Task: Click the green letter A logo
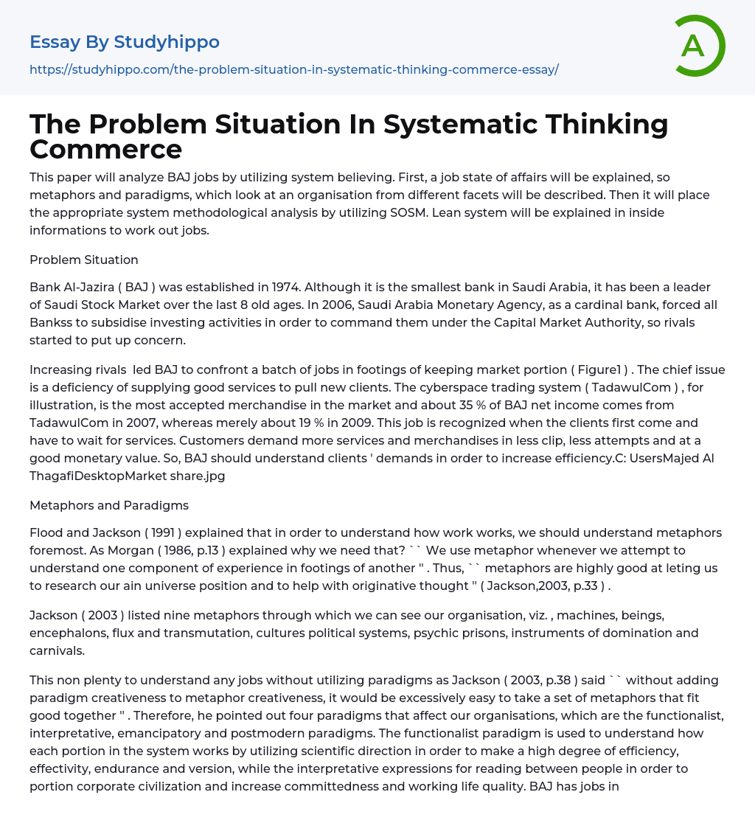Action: tap(695, 46)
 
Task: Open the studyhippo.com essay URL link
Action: tap(293, 69)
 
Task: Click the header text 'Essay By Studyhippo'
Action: tap(124, 42)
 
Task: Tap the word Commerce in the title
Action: tap(105, 149)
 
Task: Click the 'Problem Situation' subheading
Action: tap(83, 260)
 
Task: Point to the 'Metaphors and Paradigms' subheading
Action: tap(108, 505)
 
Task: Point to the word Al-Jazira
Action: tap(94, 286)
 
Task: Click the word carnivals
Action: tap(58, 651)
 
